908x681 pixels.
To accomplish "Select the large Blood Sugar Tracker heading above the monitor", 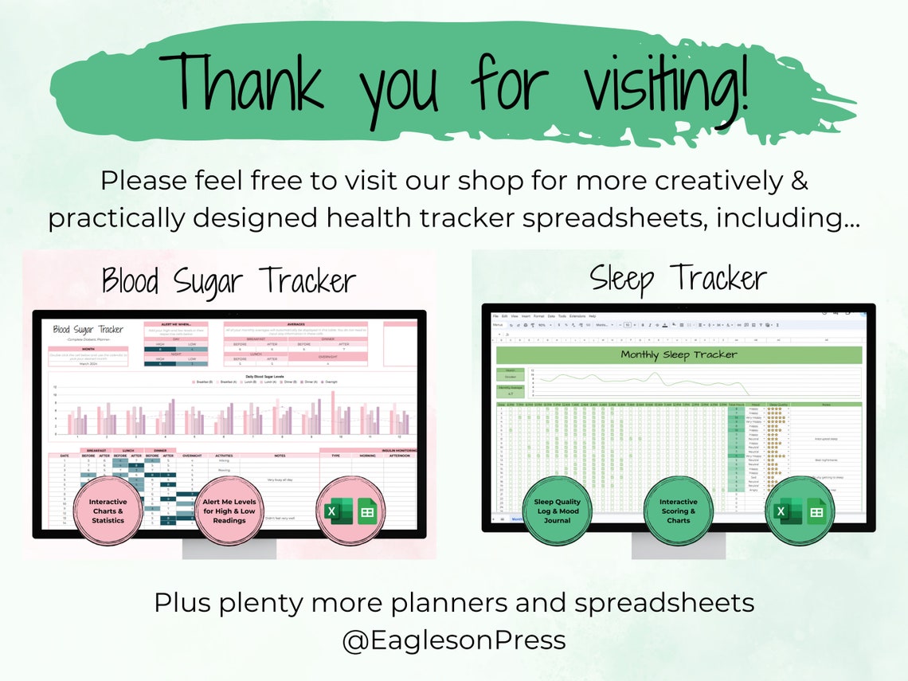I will pyautogui.click(x=228, y=281).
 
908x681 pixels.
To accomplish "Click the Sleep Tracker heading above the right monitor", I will pyautogui.click(x=678, y=279).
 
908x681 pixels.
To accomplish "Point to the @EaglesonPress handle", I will pyautogui.click(x=454, y=640).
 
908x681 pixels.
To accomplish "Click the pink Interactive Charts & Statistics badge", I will pyautogui.click(x=108, y=511).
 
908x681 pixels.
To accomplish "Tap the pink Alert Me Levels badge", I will pyautogui.click(x=229, y=511).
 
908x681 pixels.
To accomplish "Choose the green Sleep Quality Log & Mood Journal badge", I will pyautogui.click(x=558, y=511).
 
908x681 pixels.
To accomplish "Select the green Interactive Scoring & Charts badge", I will pyautogui.click(x=678, y=511).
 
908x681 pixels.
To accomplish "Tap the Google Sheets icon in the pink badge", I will pyautogui.click(x=366, y=513).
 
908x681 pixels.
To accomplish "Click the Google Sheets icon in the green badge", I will pyautogui.click(x=815, y=512).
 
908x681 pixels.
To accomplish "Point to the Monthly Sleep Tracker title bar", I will pyautogui.click(x=679, y=355).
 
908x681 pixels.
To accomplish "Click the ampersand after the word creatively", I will pyautogui.click(x=800, y=181).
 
